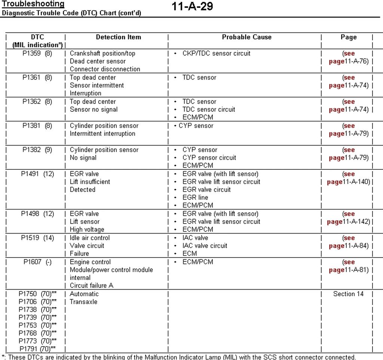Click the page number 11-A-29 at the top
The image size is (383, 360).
192,6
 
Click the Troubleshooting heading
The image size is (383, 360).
33,4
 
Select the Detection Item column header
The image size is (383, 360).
118,37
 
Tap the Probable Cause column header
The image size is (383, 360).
246,37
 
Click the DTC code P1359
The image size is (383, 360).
31,53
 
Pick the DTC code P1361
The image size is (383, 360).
31,77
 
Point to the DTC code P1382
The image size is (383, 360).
31,150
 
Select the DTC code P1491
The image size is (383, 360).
30,174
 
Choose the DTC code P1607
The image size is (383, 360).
32,262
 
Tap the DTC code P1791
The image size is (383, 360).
29,349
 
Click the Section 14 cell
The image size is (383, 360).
348,294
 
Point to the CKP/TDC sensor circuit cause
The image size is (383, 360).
216,53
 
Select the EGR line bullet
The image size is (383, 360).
195,197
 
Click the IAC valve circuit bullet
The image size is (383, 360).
205,246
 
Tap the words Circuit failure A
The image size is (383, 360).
91,286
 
